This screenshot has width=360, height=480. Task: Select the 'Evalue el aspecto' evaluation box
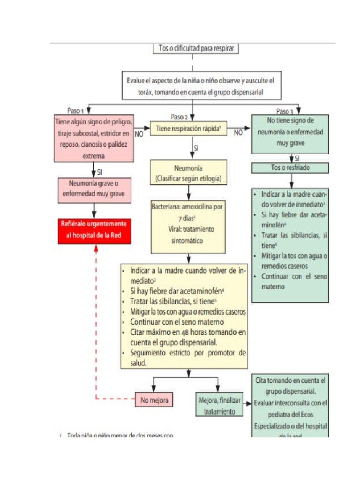click(x=200, y=86)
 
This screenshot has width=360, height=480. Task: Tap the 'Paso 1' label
click(x=75, y=111)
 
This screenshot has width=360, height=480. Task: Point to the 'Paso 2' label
click(x=180, y=117)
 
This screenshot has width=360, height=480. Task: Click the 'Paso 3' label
click(x=285, y=112)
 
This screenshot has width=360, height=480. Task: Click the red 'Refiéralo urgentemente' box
click(x=94, y=231)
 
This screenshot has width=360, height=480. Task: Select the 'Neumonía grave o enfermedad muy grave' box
click(x=94, y=190)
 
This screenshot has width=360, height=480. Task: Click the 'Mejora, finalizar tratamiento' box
click(x=219, y=405)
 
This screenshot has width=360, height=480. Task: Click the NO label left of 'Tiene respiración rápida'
click(x=139, y=134)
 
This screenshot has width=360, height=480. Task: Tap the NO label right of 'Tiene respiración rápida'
click(x=239, y=133)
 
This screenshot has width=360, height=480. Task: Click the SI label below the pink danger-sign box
click(x=100, y=172)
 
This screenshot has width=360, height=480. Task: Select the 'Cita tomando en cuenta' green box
click(x=290, y=406)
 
